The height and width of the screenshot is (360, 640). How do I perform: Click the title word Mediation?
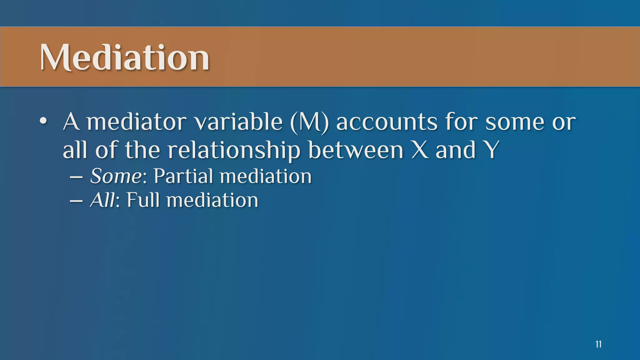(x=124, y=57)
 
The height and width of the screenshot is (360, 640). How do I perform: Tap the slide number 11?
(x=598, y=344)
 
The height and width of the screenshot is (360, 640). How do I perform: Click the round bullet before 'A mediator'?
(x=43, y=121)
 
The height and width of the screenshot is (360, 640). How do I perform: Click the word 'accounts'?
(x=387, y=122)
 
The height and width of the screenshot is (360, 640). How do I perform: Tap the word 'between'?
(x=356, y=150)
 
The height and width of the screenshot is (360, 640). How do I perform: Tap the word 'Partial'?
(x=183, y=176)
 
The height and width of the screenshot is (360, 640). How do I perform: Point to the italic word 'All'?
(x=102, y=200)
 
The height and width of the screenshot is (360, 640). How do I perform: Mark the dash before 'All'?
(x=76, y=201)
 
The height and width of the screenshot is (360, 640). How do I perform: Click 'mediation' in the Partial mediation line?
(x=266, y=176)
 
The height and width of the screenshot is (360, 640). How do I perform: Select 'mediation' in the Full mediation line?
(x=212, y=200)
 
